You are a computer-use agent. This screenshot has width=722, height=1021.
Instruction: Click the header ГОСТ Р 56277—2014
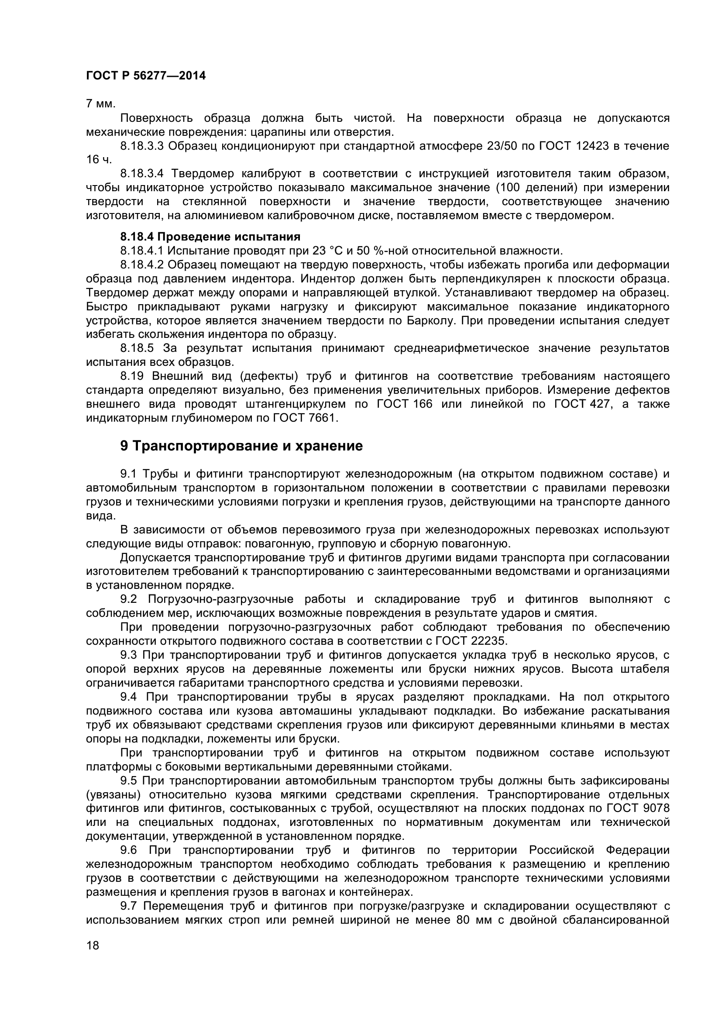tap(146, 76)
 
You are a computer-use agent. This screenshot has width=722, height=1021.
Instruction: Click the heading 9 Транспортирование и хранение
tap(241, 446)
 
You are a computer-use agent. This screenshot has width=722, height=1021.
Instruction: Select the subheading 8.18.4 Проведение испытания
tap(210, 236)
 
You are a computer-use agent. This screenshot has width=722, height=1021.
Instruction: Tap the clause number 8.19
tap(131, 376)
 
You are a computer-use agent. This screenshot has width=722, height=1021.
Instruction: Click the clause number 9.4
tap(129, 697)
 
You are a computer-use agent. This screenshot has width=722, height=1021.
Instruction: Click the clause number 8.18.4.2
tap(142, 265)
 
